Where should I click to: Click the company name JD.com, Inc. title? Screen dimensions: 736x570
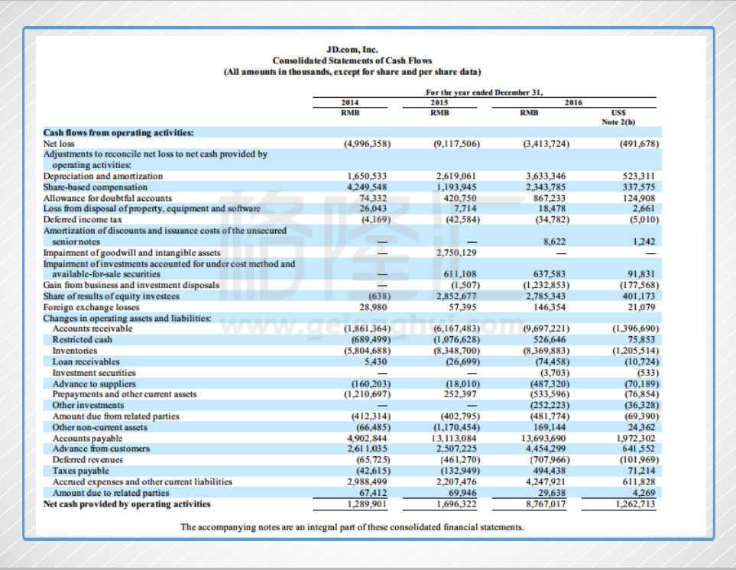tap(352, 49)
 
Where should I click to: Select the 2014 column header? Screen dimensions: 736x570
tap(350, 102)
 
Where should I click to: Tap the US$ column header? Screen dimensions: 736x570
tap(618, 112)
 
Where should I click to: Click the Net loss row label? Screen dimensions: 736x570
tap(59, 144)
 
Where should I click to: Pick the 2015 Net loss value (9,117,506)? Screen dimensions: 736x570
tap(456, 144)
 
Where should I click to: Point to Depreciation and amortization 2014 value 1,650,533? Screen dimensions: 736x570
tap(367, 176)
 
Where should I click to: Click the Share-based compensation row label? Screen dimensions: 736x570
tap(96, 187)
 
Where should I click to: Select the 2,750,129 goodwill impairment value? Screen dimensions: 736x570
tap(456, 252)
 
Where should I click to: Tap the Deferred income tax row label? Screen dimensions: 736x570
tap(83, 219)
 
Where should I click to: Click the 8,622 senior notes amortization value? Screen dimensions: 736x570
tap(554, 241)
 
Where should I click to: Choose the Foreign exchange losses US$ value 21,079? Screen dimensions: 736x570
tap(641, 307)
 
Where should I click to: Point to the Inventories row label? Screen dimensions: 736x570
tap(75, 351)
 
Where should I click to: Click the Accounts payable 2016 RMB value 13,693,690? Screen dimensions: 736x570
tap(543, 438)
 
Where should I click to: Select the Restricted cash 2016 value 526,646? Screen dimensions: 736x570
tap(550, 339)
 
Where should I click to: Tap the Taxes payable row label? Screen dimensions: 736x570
tap(80, 471)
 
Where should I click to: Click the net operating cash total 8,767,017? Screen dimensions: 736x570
tap(545, 504)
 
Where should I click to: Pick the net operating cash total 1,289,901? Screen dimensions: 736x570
tap(367, 504)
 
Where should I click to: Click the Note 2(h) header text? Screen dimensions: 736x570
tap(618, 122)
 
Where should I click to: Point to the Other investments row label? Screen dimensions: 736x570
tap(88, 405)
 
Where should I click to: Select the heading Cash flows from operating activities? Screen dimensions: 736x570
tap(118, 133)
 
